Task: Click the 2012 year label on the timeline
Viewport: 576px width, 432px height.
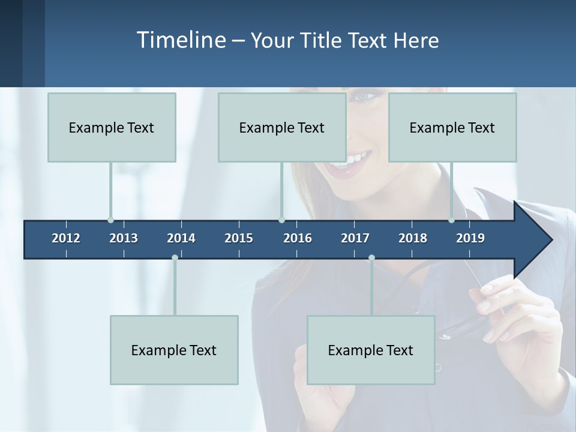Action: tap(66, 238)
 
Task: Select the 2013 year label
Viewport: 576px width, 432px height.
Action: tap(124, 238)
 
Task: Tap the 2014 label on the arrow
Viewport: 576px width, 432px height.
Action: tap(181, 238)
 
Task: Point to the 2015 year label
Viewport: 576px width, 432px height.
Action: tap(239, 238)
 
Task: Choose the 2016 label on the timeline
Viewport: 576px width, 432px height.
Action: tap(298, 238)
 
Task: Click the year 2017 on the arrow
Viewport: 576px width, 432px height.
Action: tap(355, 238)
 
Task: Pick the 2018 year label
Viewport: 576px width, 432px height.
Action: tap(413, 238)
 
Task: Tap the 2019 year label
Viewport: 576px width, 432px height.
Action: tap(470, 238)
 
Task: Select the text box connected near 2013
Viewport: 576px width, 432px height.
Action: tap(112, 127)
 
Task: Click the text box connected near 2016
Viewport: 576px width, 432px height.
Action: tap(282, 127)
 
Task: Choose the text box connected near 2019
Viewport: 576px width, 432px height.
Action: tap(452, 127)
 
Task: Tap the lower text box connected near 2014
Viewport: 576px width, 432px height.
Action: tap(174, 350)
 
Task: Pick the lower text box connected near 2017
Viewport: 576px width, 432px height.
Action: tap(371, 350)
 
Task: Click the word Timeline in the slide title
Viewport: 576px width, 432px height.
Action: tap(181, 40)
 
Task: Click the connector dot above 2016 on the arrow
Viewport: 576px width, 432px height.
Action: tap(282, 220)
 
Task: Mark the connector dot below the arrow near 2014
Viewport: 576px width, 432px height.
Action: tap(175, 258)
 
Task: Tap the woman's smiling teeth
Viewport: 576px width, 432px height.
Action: tap(353, 160)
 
